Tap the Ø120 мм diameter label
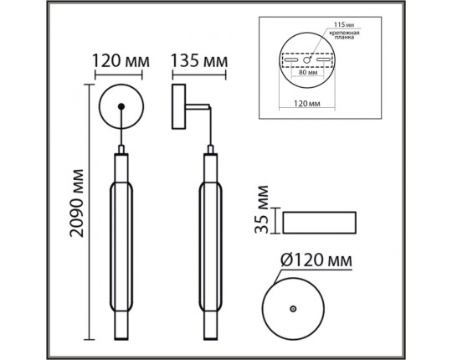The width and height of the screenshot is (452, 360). pyautogui.click(x=312, y=261)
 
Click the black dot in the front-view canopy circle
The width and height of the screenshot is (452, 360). pyautogui.click(x=122, y=105)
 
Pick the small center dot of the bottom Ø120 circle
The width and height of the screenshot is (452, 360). pyautogui.click(x=292, y=309)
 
